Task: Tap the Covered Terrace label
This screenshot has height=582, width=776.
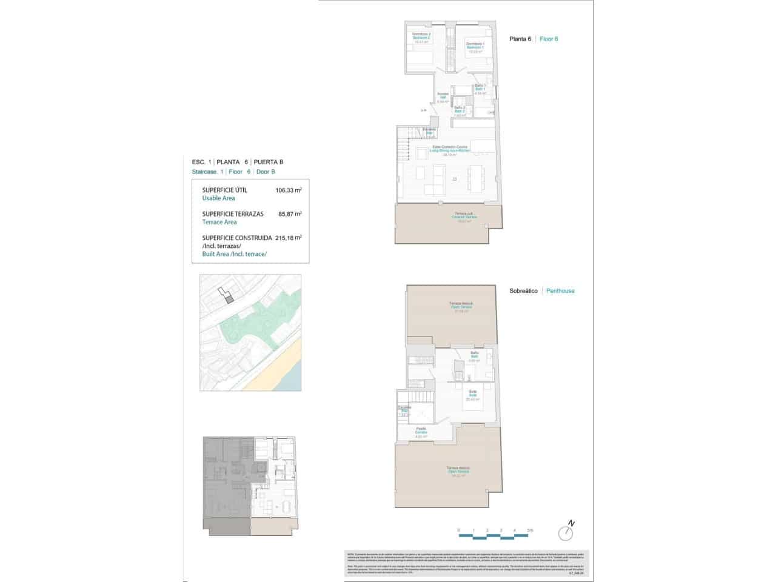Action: tap(465, 217)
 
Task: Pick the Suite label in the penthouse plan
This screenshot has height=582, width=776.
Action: tap(473, 395)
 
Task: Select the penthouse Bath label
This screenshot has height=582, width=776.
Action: tap(475, 356)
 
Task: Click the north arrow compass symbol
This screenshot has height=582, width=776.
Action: tap(567, 532)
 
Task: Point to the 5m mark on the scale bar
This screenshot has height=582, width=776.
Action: tap(529, 530)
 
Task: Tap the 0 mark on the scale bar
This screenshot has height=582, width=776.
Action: tap(459, 530)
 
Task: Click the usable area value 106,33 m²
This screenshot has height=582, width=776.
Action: tap(289, 190)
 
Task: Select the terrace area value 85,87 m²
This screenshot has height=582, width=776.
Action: tap(289, 214)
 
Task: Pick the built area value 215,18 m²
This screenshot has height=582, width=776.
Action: tap(289, 238)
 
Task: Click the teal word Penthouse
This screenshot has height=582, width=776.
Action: tap(560, 291)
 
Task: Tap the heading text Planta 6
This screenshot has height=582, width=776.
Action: tap(521, 39)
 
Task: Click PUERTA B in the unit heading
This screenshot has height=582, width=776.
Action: tap(268, 162)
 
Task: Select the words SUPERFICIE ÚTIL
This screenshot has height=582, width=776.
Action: tap(224, 190)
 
